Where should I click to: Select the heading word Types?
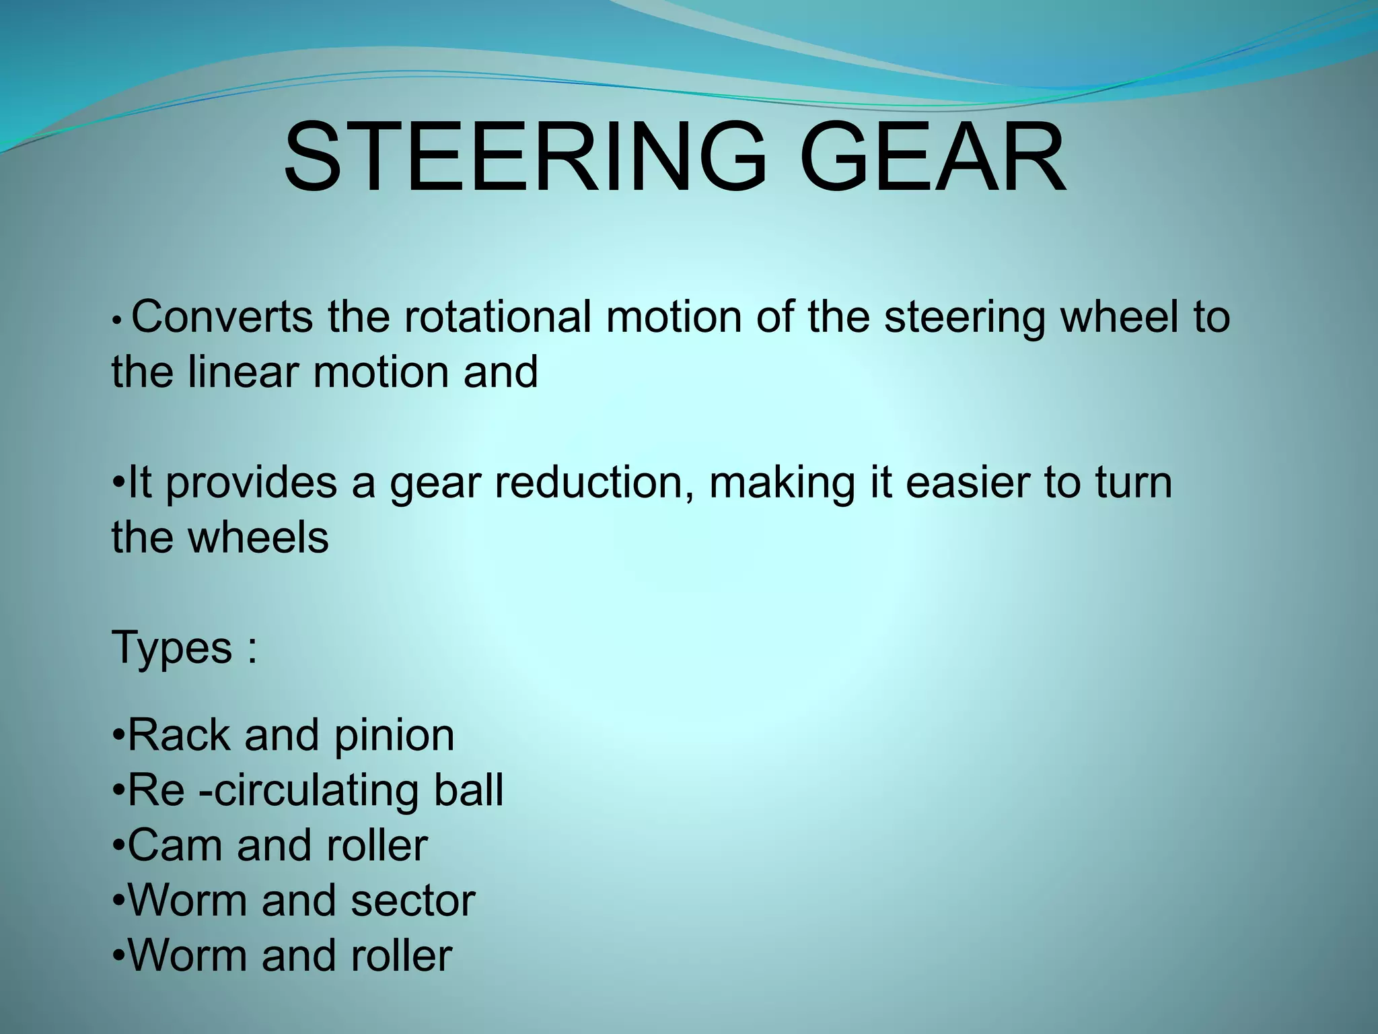point(172,648)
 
